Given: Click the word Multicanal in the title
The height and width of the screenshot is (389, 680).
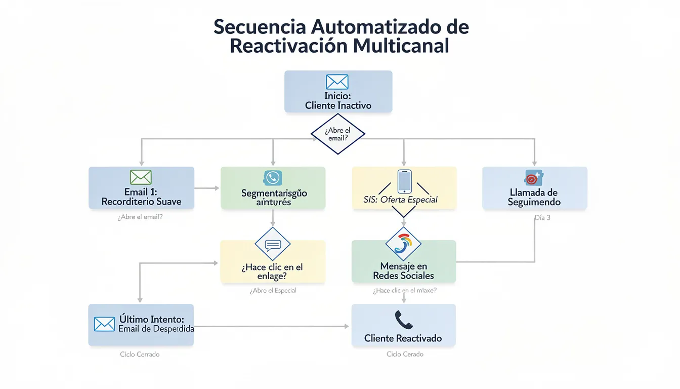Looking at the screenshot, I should pyautogui.click(x=401, y=46).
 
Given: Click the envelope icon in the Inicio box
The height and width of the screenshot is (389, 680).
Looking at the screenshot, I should pyautogui.click(x=337, y=82).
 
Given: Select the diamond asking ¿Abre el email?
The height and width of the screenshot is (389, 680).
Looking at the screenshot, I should pyautogui.click(x=337, y=134).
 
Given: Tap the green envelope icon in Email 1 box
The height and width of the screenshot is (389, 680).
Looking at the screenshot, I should pyautogui.click(x=141, y=177).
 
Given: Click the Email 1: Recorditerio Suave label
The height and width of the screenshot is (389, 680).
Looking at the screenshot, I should pyautogui.click(x=141, y=197).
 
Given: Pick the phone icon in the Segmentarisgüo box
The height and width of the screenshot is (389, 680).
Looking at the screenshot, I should pyautogui.click(x=273, y=178).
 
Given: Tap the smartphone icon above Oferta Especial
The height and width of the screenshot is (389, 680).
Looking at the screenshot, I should pyautogui.click(x=404, y=181).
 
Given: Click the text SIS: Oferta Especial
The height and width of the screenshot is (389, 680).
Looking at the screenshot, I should pyautogui.click(x=400, y=200).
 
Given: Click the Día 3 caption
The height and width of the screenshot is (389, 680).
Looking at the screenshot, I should pyautogui.click(x=542, y=217).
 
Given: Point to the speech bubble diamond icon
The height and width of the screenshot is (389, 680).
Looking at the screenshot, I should pyautogui.click(x=273, y=245).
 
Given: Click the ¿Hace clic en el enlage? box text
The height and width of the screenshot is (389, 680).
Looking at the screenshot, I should pyautogui.click(x=273, y=271).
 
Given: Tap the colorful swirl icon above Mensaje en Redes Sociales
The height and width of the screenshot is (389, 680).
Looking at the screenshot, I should pyautogui.click(x=404, y=244).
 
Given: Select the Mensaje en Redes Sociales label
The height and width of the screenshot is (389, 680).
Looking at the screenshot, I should pyautogui.click(x=403, y=270).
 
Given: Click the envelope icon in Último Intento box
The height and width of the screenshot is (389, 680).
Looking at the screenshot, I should pyautogui.click(x=105, y=324).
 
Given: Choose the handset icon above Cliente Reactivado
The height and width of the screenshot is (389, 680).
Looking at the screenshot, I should pyautogui.click(x=403, y=319).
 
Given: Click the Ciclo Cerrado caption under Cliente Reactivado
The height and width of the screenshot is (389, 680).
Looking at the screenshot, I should pyautogui.click(x=405, y=354).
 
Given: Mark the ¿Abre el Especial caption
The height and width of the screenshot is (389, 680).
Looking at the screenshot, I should pyautogui.click(x=273, y=291).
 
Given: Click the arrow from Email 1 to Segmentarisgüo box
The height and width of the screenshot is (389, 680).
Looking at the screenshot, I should pyautogui.click(x=207, y=188).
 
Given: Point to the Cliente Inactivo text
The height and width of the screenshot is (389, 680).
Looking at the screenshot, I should pyautogui.click(x=338, y=105).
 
